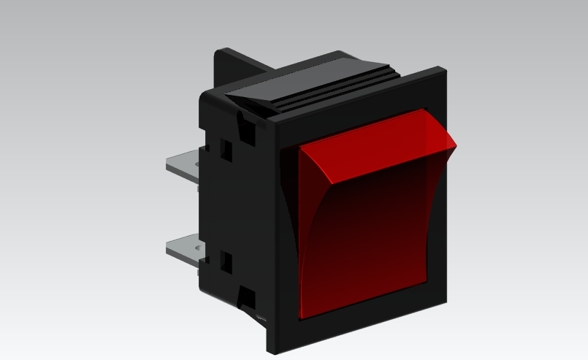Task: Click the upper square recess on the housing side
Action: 226,150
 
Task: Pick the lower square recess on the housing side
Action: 226,261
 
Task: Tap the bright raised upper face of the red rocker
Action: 373,146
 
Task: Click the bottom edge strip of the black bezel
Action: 358,327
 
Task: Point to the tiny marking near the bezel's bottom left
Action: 261,318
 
